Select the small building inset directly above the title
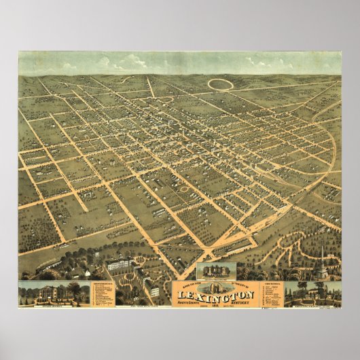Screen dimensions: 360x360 [215, 270]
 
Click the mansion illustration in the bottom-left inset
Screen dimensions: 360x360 [43, 292]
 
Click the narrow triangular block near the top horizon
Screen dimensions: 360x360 [151, 88]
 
